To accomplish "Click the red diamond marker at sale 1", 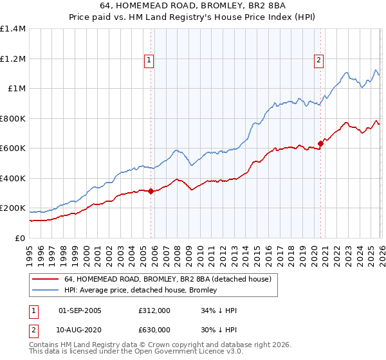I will [x=151, y=191].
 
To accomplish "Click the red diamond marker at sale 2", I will [x=320, y=143].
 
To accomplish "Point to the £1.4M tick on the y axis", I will [x=13, y=29].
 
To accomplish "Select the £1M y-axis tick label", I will [x=15, y=89].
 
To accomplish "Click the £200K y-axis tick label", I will [x=13, y=208].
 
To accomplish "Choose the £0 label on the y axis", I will [x=19, y=239].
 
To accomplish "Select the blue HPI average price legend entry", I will [x=141, y=290].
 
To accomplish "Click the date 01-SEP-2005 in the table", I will [x=80, y=310].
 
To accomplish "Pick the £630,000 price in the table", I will [x=154, y=329].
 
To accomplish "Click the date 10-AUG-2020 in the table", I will [x=80, y=329].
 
